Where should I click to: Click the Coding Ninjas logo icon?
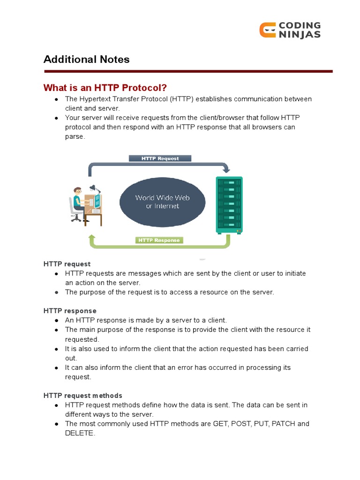pos(267,30)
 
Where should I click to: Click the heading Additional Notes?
pos(86,60)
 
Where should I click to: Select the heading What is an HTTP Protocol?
pos(105,88)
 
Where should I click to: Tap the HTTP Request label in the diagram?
pos(160,158)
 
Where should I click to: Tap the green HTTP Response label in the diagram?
pos(159,240)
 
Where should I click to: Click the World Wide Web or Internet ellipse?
pos(162,202)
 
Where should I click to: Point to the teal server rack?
pos(229,204)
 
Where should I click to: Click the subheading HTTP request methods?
pos(83,396)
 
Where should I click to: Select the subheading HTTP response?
pos(70,311)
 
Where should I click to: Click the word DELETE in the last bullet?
pos(80,433)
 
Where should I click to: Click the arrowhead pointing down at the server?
pos(226,169)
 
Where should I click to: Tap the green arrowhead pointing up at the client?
pos(92,238)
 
